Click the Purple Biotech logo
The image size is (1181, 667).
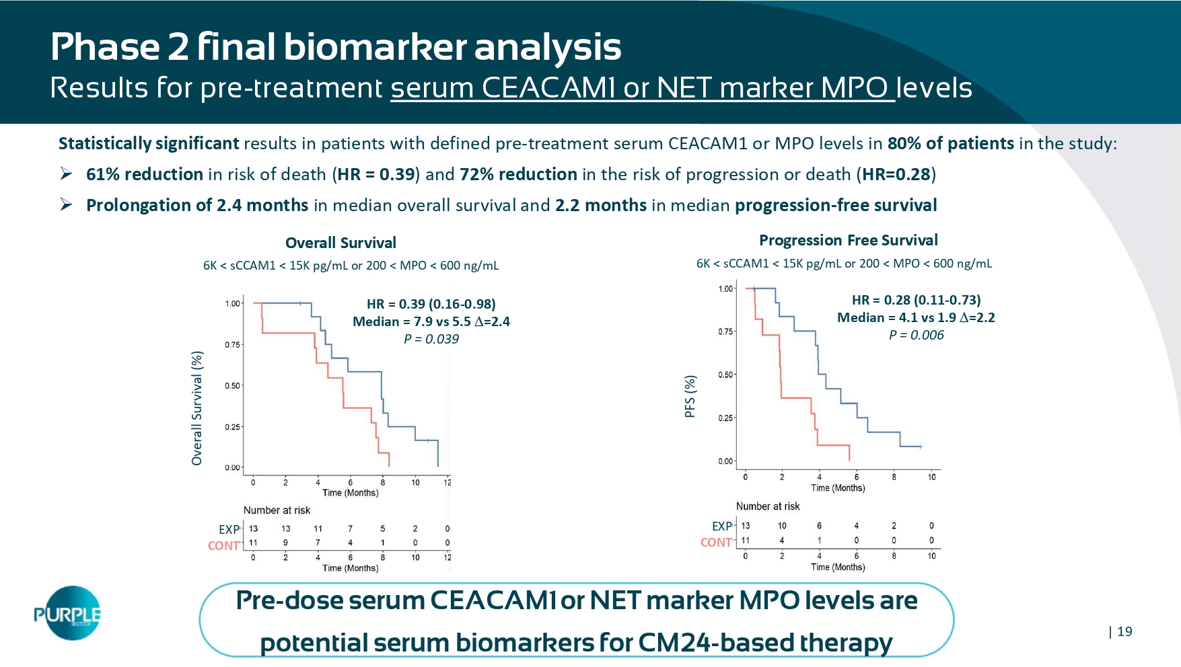(67, 613)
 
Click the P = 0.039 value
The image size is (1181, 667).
(431, 340)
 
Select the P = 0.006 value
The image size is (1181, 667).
(916, 336)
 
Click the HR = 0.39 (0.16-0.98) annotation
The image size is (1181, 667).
(431, 304)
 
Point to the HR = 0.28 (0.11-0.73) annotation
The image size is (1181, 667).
(916, 300)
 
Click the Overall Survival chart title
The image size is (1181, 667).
(341, 243)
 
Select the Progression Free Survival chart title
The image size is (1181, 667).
(848, 240)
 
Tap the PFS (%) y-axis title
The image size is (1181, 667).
(690, 397)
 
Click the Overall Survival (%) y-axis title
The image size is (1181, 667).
(196, 407)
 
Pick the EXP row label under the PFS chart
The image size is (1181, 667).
(721, 526)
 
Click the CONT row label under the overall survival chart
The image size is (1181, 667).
(223, 545)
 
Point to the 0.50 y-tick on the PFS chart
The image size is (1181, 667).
(725, 375)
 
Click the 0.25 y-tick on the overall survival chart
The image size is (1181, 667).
(232, 427)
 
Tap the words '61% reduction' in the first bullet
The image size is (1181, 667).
(145, 174)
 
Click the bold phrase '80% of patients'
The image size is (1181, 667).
(950, 143)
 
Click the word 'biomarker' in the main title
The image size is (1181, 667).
(375, 47)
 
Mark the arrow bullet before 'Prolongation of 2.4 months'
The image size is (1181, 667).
(66, 204)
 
